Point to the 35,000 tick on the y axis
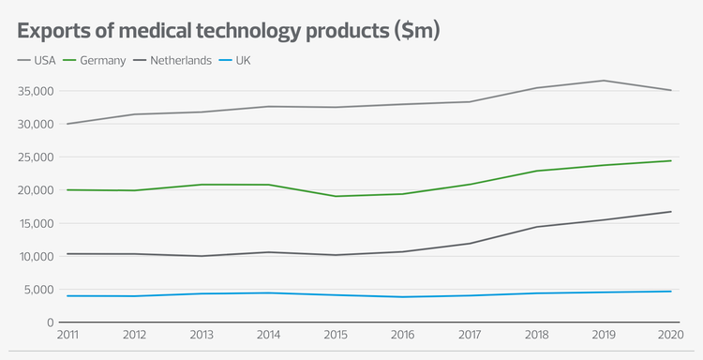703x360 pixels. click(35, 91)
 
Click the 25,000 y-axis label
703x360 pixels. click(35, 157)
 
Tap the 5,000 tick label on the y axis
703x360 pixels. click(37, 289)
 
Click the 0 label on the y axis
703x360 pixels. click(49, 322)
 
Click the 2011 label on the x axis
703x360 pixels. click(67, 335)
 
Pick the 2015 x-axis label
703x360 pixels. click(336, 335)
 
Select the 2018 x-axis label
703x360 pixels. click(537, 335)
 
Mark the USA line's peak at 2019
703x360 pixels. click(605, 81)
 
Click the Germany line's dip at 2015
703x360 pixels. click(336, 196)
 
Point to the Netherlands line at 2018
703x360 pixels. click(537, 227)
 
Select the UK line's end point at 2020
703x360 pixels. click(671, 292)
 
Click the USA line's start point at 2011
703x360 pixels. click(67, 124)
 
